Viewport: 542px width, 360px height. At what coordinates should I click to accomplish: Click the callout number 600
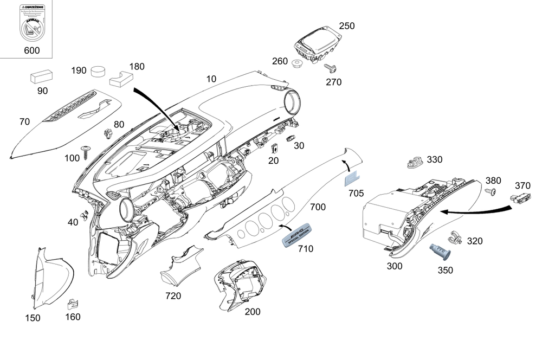coord(32,50)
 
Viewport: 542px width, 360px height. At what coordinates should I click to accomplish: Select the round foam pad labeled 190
coord(99,72)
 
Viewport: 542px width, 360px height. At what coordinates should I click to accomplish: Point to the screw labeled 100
coord(86,151)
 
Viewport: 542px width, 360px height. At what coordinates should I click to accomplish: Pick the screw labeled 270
coord(331,69)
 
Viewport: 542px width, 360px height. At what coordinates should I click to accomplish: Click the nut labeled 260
coord(296,65)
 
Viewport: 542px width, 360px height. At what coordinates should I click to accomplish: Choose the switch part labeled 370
coord(522,199)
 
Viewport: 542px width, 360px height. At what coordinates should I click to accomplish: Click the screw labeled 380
coord(490,192)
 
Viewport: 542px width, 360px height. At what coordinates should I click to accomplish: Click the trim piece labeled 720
coord(180,267)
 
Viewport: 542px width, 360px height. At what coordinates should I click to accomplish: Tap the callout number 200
coord(253,312)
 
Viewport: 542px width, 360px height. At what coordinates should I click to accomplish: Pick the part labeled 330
coord(416,162)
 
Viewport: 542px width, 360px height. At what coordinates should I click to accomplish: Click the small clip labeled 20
coord(274,148)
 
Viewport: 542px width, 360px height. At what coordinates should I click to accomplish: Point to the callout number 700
coord(318,207)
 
